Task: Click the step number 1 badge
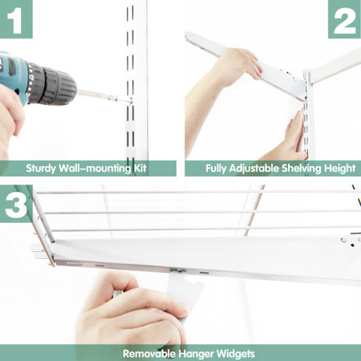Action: click(16, 19)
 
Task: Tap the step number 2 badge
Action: click(345, 19)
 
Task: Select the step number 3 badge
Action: click(16, 203)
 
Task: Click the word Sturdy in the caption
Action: click(41, 168)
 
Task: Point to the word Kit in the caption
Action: click(140, 168)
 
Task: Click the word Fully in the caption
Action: click(216, 169)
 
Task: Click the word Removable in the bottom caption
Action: click(149, 354)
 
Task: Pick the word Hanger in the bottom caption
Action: click(196, 354)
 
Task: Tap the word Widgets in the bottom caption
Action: click(235, 354)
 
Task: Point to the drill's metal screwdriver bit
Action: click(104, 96)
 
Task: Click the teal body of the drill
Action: click(13, 76)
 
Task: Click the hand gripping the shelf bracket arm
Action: click(239, 64)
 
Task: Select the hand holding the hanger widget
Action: click(131, 312)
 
